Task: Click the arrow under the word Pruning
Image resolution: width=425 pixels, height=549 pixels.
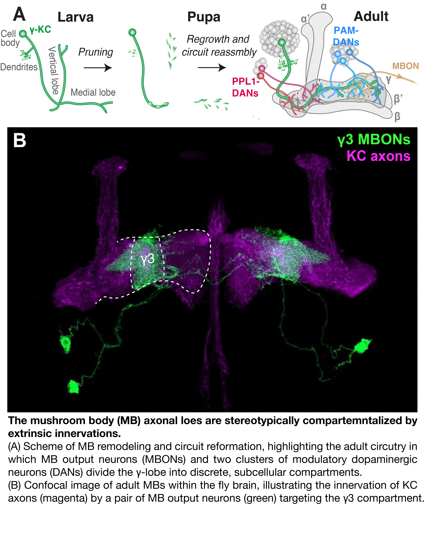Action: (x=98, y=68)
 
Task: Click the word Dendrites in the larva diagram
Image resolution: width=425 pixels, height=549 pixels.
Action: (x=19, y=67)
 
